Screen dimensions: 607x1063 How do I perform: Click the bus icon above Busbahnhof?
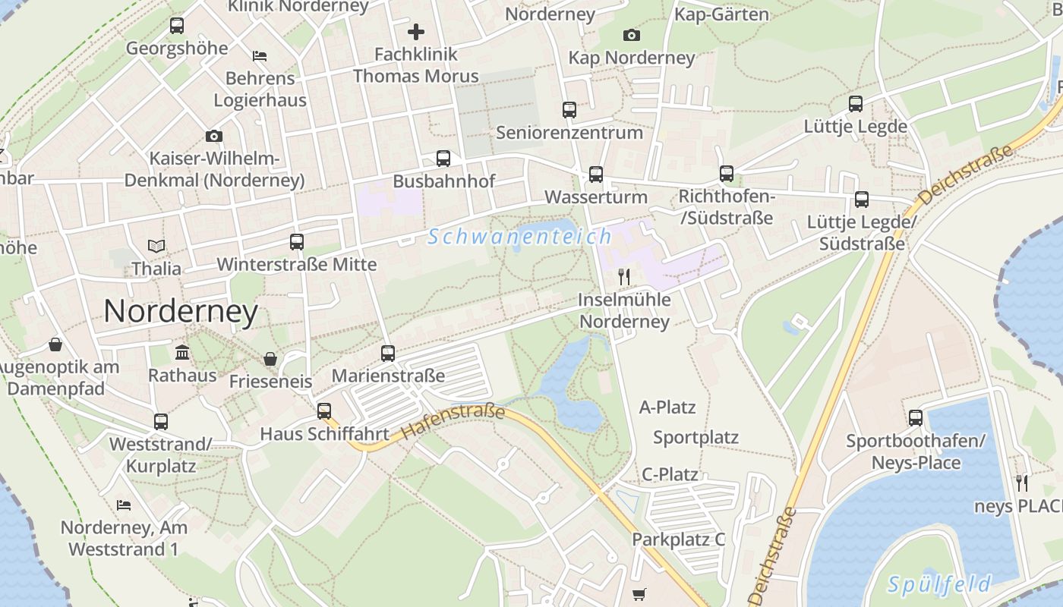click(x=443, y=159)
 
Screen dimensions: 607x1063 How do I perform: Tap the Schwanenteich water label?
click(x=519, y=237)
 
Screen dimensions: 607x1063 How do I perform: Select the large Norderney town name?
click(x=181, y=311)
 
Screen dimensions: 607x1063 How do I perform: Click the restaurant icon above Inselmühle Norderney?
click(x=624, y=276)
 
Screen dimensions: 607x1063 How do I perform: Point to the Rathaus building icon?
click(x=182, y=352)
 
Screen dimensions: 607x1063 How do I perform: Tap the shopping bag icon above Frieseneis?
click(x=270, y=359)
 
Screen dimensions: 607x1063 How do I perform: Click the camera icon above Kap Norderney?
click(x=631, y=35)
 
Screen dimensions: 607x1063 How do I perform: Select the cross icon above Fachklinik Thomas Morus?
click(x=416, y=32)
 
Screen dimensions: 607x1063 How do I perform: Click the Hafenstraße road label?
click(x=453, y=421)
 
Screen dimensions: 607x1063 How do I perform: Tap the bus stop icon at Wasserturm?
click(x=596, y=175)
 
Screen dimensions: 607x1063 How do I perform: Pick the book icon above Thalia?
click(x=156, y=246)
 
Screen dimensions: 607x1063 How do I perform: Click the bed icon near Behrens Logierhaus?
click(x=260, y=56)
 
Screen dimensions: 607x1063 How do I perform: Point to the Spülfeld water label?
click(x=939, y=584)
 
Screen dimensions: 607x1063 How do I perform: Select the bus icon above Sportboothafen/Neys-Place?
click(x=916, y=417)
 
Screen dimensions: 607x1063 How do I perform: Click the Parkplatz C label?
click(x=679, y=539)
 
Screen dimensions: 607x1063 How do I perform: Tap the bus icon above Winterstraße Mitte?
click(x=297, y=242)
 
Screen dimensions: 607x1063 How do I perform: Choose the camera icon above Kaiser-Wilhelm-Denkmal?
click(x=214, y=137)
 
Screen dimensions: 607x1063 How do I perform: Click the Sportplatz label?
click(x=696, y=438)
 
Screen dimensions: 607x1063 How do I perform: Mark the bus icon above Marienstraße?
click(x=388, y=353)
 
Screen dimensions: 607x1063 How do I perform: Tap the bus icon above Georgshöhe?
click(x=177, y=26)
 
